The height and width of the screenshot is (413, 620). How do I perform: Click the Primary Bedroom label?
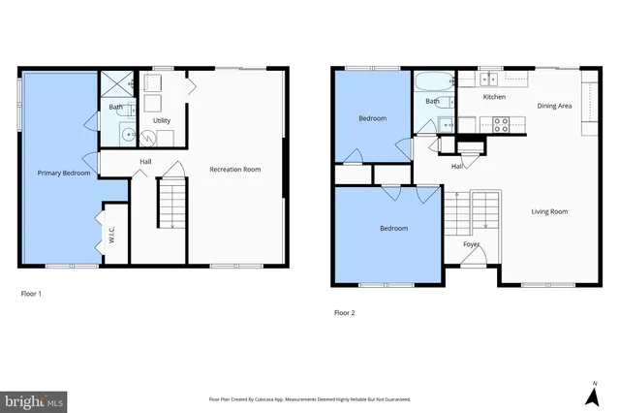click(x=64, y=174)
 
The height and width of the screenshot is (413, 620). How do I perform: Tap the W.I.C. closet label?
click(x=112, y=235)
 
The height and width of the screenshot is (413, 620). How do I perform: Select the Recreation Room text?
click(x=235, y=170)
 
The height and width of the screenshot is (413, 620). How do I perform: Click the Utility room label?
click(x=162, y=120)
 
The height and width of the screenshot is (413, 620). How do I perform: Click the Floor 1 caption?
click(x=31, y=293)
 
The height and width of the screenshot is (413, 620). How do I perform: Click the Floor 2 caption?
click(x=345, y=312)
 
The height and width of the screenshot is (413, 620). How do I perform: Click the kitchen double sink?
click(x=490, y=79)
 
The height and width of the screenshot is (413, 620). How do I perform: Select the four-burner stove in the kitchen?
click(x=503, y=124)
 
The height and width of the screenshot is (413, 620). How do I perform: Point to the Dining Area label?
click(x=554, y=105)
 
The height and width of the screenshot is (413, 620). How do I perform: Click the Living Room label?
click(x=549, y=210)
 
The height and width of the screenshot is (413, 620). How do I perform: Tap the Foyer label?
click(x=472, y=244)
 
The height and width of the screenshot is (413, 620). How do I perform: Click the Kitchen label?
click(x=494, y=97)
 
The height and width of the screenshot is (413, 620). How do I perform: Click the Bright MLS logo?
click(x=34, y=398)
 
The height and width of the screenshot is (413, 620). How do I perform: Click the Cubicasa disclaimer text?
click(x=310, y=398)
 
